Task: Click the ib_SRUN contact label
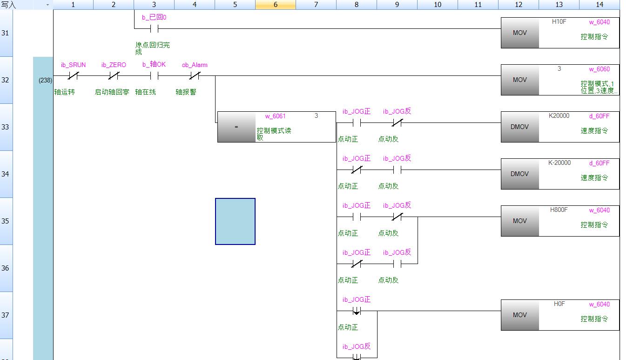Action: [x=73, y=65]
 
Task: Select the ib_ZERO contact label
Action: [x=114, y=65]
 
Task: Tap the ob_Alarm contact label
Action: [x=195, y=65]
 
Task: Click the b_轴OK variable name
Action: [x=154, y=64]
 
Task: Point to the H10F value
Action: [x=559, y=21]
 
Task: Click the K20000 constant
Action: [x=559, y=115]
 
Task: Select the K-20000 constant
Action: [x=560, y=163]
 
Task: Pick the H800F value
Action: [x=559, y=210]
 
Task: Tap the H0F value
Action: [x=559, y=304]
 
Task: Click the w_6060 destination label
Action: [x=600, y=69]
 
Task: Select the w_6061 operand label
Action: [x=276, y=116]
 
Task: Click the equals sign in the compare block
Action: [x=236, y=127]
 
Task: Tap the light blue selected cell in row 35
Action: [x=235, y=221]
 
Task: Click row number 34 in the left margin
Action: [x=6, y=174]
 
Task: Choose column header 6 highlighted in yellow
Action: [x=276, y=5]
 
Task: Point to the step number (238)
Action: [x=45, y=80]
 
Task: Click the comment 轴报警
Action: [x=186, y=92]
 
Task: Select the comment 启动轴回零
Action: [x=112, y=92]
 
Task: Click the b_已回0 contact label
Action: [x=154, y=17]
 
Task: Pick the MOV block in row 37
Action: [x=520, y=315]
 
